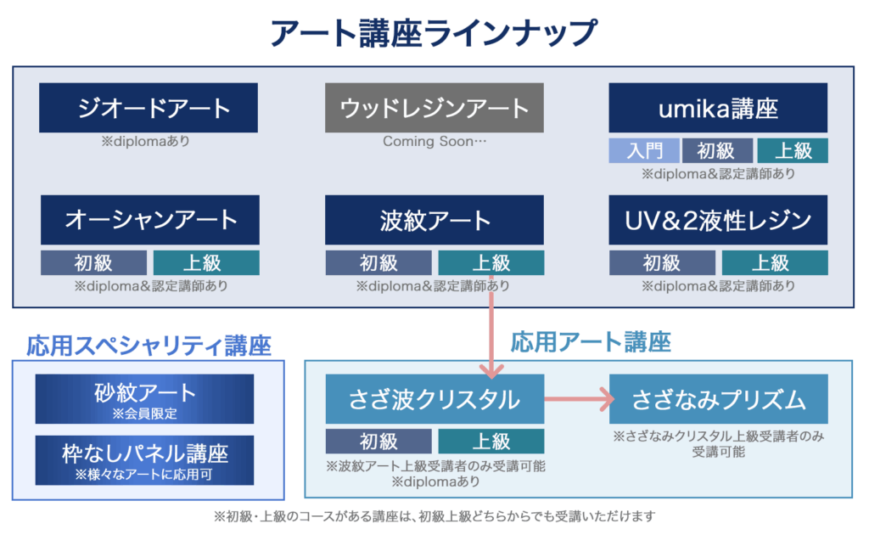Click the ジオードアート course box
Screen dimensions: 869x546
(x=149, y=108)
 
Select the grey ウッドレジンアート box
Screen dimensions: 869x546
(x=434, y=108)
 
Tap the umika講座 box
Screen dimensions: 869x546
(x=718, y=108)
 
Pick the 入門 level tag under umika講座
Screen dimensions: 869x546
(x=644, y=150)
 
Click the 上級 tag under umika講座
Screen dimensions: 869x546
(x=793, y=150)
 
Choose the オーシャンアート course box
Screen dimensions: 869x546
(x=150, y=220)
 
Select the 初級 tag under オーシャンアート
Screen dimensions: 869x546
(x=93, y=262)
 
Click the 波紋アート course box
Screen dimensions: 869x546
(x=434, y=220)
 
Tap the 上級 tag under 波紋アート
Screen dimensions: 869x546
(x=491, y=262)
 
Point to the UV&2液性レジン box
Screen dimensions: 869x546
(x=718, y=220)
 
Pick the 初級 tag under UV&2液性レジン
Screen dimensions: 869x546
(x=662, y=262)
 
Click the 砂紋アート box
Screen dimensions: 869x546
(x=144, y=398)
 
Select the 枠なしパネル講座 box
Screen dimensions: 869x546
(x=144, y=460)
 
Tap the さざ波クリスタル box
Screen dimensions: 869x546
(x=434, y=398)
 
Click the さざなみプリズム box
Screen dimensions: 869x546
(x=718, y=398)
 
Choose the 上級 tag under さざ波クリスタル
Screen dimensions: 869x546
(x=491, y=442)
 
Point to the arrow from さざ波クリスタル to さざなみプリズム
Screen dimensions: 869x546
(x=579, y=399)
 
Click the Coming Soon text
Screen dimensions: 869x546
(x=434, y=141)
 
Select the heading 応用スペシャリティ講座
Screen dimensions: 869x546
(x=149, y=346)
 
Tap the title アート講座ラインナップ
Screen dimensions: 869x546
(x=434, y=33)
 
